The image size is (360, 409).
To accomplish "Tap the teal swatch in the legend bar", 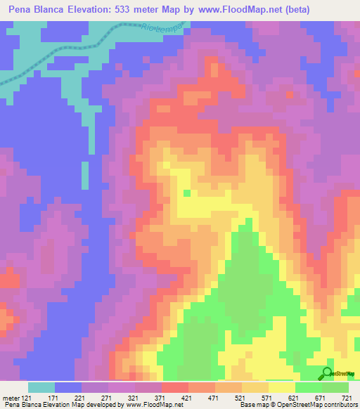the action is pos(41,387).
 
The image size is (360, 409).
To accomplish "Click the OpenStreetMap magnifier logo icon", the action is pos(327,373).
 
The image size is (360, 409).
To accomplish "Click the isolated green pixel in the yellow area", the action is pos(186,192).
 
